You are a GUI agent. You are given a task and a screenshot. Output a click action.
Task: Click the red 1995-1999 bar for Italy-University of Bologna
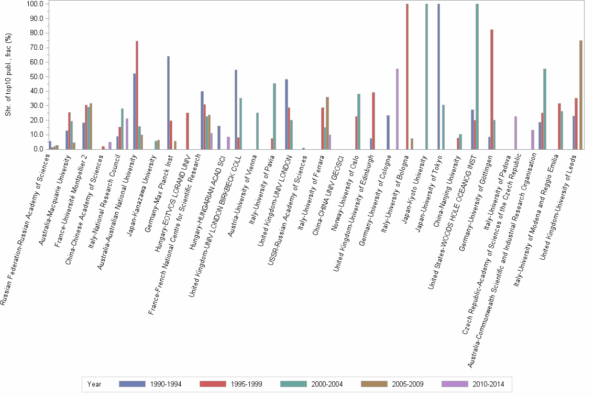[x=407, y=76]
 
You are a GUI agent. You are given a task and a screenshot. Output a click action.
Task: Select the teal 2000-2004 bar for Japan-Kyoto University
[x=426, y=76]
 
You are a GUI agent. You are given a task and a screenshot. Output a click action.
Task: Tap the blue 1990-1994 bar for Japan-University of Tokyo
[x=438, y=76]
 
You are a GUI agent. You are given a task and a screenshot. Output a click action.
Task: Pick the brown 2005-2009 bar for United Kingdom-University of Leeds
[x=580, y=95]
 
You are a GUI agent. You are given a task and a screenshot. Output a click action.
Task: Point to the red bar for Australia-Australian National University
[x=137, y=95]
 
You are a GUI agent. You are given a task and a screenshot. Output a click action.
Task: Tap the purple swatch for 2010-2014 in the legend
[x=454, y=384]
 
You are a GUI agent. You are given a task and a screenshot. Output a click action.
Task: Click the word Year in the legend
[x=95, y=384]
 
